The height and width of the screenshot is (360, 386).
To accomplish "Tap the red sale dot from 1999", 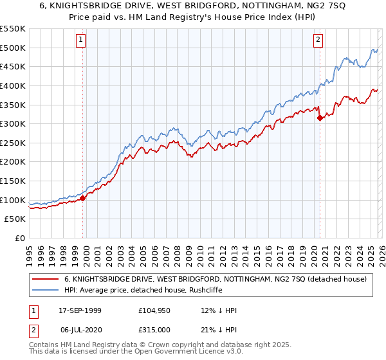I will (x=83, y=198).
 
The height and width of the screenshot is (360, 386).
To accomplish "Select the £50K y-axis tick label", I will (x=15, y=219).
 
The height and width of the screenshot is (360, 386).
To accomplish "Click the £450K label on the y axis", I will (x=13, y=66).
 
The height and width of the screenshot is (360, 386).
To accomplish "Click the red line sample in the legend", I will (x=46, y=279).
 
